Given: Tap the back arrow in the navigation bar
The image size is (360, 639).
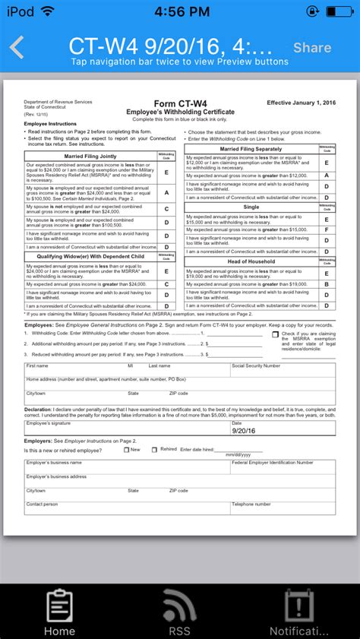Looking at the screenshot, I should pos(17,47).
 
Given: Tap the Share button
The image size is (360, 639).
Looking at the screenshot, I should pos(312,48).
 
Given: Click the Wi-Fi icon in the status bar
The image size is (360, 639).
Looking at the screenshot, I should pos(48,11).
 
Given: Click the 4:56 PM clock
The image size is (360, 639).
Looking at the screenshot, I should pos(180,11).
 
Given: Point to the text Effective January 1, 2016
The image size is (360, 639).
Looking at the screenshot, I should pos(302,102).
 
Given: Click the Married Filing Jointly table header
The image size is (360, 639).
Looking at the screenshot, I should pos(90,156).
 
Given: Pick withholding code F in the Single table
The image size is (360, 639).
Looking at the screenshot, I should pos(326,229).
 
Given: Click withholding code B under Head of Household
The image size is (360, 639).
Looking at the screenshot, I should pos(326,284).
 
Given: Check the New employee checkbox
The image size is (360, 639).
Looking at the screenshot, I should pos(127,450).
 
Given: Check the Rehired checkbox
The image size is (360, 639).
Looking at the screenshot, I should pos(153,450).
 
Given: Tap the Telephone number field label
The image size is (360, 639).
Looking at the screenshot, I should pos(251,504).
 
